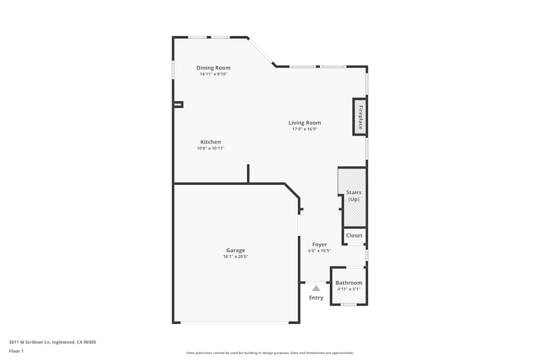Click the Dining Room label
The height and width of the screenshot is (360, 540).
tap(213, 67)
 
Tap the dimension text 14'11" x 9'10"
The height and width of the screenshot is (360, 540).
tap(213, 74)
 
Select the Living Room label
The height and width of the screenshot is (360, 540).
tap(305, 123)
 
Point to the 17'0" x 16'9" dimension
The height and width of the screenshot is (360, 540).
tap(305, 129)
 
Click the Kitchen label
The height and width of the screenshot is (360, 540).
tap(210, 142)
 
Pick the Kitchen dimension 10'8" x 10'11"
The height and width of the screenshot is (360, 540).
tap(210, 148)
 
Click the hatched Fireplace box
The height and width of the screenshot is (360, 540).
tap(360, 117)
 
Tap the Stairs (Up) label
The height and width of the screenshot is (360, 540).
tap(354, 196)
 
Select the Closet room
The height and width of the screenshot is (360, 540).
tap(354, 235)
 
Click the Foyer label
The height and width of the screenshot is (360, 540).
tap(319, 244)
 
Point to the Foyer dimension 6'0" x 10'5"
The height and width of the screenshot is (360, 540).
tap(319, 251)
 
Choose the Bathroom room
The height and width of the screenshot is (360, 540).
tap(349, 283)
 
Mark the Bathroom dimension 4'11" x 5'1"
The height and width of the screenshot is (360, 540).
tap(349, 289)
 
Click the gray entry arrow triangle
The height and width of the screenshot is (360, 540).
tap(316, 288)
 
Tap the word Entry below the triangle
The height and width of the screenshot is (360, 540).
tap(316, 298)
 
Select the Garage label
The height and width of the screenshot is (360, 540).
tap(235, 250)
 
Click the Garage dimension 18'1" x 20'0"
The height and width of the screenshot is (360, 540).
tap(235, 257)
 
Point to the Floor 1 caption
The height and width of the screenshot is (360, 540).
tap(16, 351)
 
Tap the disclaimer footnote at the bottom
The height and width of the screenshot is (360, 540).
tap(270, 353)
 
